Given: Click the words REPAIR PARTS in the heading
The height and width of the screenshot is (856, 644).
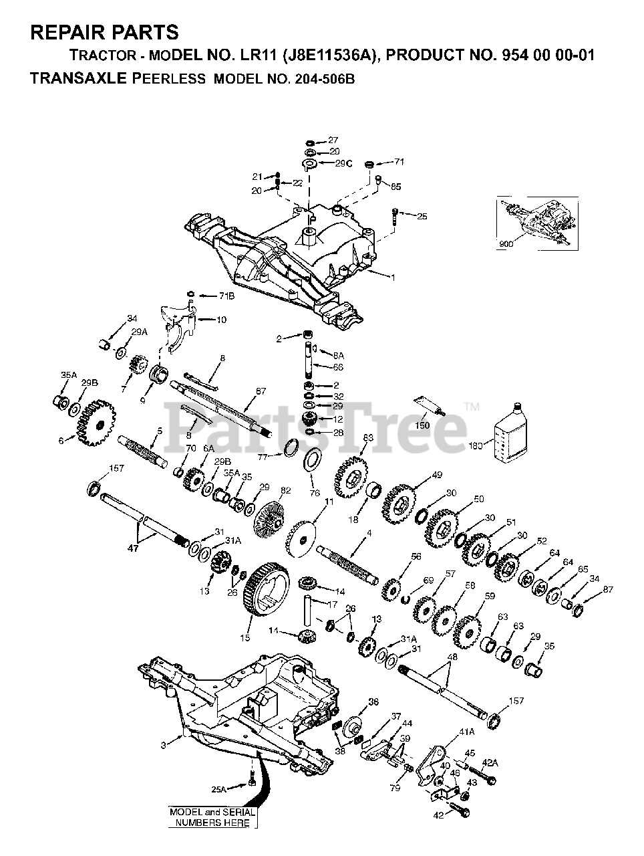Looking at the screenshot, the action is [105, 31].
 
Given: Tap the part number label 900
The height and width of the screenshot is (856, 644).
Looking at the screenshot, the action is [506, 244].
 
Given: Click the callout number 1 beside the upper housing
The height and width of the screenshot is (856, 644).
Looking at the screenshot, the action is [393, 276].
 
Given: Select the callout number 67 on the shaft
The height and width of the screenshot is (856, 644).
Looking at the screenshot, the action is [261, 391].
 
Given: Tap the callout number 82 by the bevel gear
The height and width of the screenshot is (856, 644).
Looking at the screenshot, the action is [285, 490].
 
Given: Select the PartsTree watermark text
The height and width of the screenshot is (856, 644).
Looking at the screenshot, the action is [321, 421].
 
